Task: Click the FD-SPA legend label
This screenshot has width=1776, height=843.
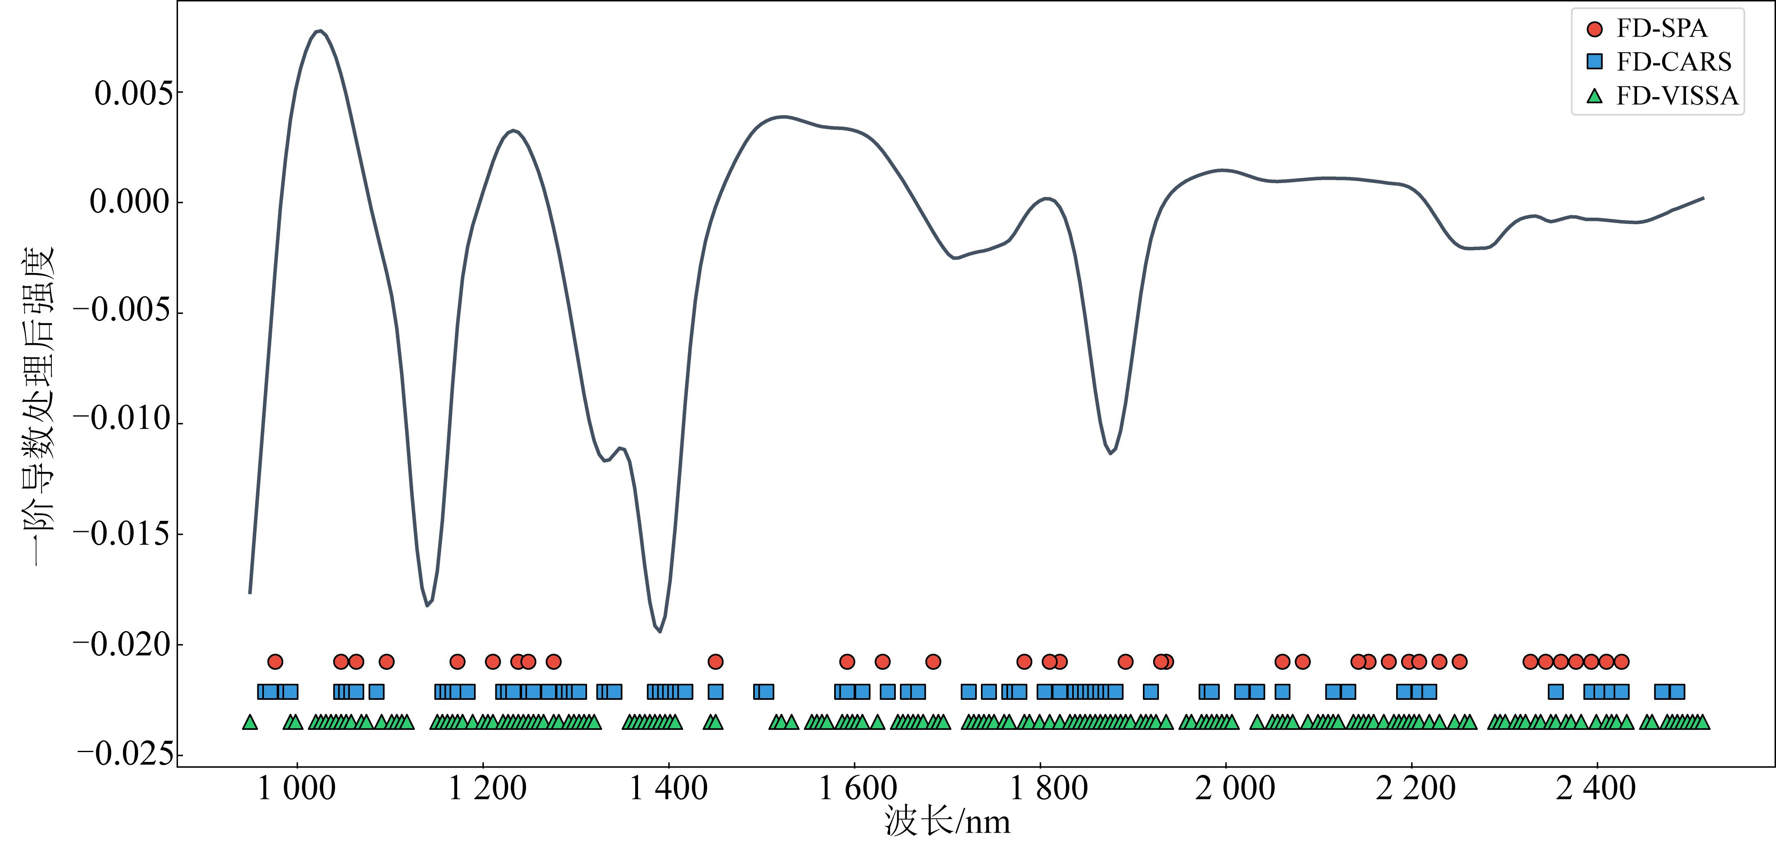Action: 1662,28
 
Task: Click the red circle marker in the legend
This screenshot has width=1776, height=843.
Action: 1595,29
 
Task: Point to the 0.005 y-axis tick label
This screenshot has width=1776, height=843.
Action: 134,93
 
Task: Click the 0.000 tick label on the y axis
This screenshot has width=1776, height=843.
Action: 129,202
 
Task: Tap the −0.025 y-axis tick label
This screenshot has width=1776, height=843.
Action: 125,755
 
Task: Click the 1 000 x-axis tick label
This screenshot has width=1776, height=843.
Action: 296,789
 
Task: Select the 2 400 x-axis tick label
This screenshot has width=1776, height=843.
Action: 1596,789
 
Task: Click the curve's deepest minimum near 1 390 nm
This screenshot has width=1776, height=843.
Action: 660,631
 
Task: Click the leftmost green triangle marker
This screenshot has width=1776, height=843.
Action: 250,722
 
